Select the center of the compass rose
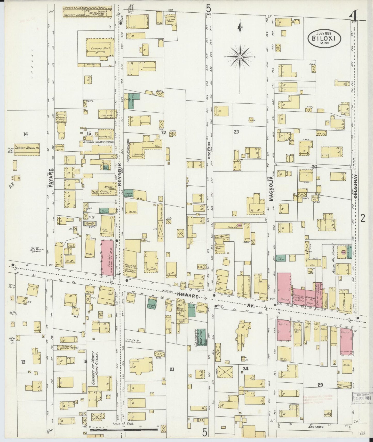coord(240,56)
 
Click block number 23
coord(236,132)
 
